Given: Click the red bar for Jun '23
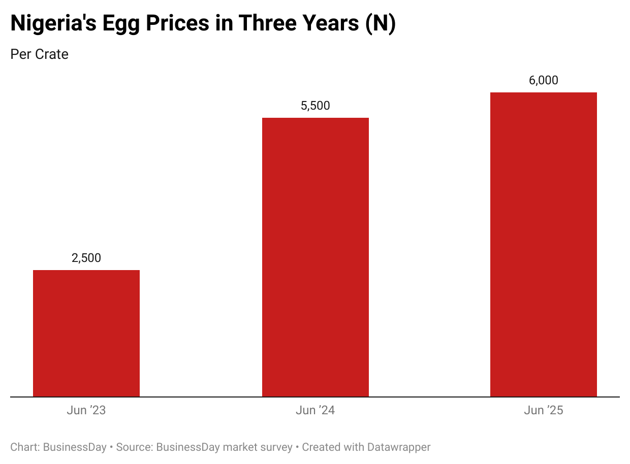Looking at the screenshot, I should pos(86,333).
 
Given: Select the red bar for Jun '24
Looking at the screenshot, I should pos(315,257).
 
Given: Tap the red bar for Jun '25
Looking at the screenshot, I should pos(543,244).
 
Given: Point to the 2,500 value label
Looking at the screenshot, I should pos(86,258).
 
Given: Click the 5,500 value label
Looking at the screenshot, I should pos(315,106).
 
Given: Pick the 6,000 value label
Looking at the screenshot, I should pos(543,80).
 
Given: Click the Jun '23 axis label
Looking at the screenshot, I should pos(86,410).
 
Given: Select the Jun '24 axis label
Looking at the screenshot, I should pos(315,410).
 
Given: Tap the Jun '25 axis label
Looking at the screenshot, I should pos(543,410).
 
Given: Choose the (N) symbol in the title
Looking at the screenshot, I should pos(381,24).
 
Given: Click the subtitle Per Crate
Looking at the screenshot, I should pos(39,54).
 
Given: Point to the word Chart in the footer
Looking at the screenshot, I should pos(24,447).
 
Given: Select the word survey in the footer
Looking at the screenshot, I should pos(275,447).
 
